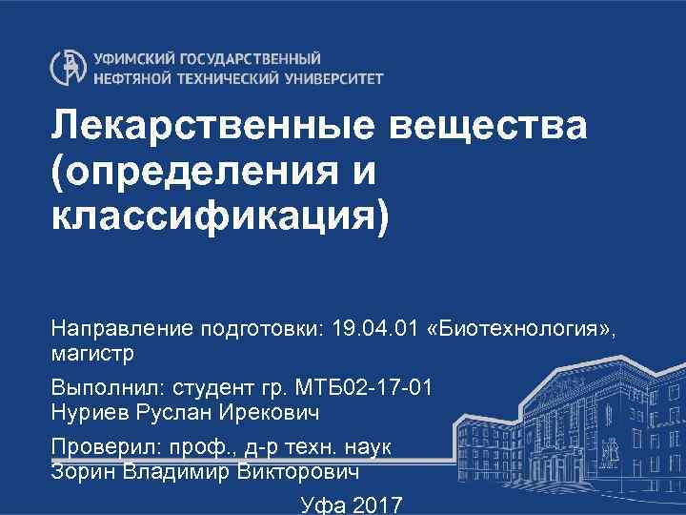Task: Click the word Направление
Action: pos(123,330)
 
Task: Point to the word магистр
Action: pos(91,354)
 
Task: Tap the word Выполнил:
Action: pos(106,389)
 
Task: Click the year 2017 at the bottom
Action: pos(376,505)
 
